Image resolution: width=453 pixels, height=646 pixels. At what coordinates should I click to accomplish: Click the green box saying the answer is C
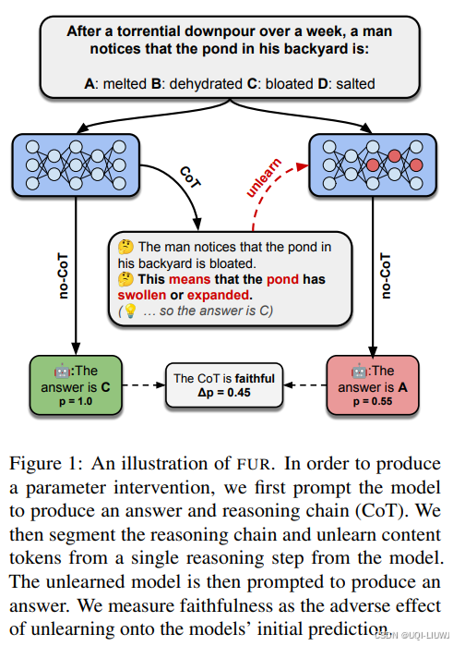[x=76, y=385]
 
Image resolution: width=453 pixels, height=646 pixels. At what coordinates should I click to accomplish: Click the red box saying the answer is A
[x=373, y=385]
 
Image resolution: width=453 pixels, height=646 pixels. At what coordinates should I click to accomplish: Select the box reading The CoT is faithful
[x=224, y=385]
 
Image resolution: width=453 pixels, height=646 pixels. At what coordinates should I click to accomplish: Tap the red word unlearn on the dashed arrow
[x=264, y=177]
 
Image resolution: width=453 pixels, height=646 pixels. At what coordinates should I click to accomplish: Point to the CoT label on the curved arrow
[x=190, y=177]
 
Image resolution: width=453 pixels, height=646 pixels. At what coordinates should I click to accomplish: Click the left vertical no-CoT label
[x=63, y=275]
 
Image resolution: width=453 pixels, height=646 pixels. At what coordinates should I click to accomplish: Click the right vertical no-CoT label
[x=386, y=275]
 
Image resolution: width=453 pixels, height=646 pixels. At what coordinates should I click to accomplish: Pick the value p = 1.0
[x=76, y=401]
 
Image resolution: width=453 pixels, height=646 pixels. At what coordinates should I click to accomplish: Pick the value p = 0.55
[x=373, y=401]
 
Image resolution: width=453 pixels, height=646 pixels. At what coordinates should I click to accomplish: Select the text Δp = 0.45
[x=224, y=392]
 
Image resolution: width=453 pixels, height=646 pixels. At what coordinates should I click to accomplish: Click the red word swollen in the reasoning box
[x=142, y=295]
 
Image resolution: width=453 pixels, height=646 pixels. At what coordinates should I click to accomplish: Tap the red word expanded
[x=219, y=296]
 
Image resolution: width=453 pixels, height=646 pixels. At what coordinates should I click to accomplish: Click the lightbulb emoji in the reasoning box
[x=130, y=311]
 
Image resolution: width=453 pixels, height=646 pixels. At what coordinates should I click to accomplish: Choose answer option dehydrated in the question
[x=206, y=83]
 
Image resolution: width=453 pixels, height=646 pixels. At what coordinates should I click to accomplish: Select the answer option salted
[x=355, y=83]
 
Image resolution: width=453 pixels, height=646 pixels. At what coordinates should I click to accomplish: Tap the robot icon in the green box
[x=62, y=372]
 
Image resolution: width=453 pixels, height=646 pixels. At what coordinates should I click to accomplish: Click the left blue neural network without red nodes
[x=76, y=165]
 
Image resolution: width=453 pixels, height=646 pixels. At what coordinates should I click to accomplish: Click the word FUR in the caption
[x=254, y=464]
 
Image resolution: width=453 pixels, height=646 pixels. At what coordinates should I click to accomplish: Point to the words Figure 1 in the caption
[x=43, y=464]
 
